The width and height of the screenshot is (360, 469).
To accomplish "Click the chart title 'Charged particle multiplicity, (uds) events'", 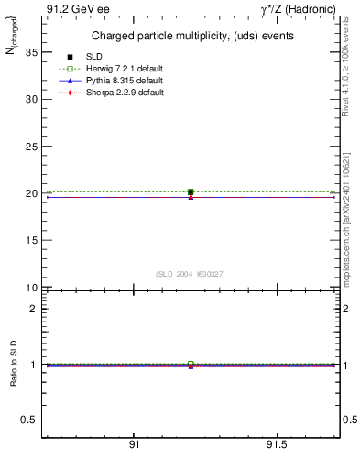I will (192, 36).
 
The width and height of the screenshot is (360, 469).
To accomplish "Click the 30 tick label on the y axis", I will (31, 99).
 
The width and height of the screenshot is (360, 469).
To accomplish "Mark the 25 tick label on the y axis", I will (31, 147).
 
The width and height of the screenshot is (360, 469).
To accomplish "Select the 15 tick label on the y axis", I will (31, 241).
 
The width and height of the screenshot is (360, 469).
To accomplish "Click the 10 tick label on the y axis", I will (31, 288).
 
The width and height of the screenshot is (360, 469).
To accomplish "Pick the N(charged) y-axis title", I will (13, 41).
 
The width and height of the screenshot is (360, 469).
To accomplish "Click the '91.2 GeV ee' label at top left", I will (72, 9).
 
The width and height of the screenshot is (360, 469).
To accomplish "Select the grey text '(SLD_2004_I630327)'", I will (191, 274).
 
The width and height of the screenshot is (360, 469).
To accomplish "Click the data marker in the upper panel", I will (191, 192).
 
